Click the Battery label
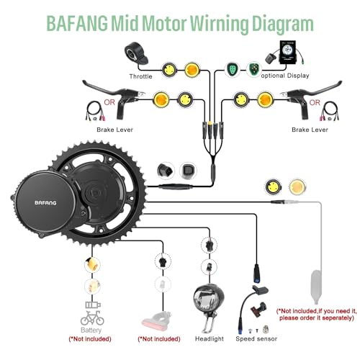89,327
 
